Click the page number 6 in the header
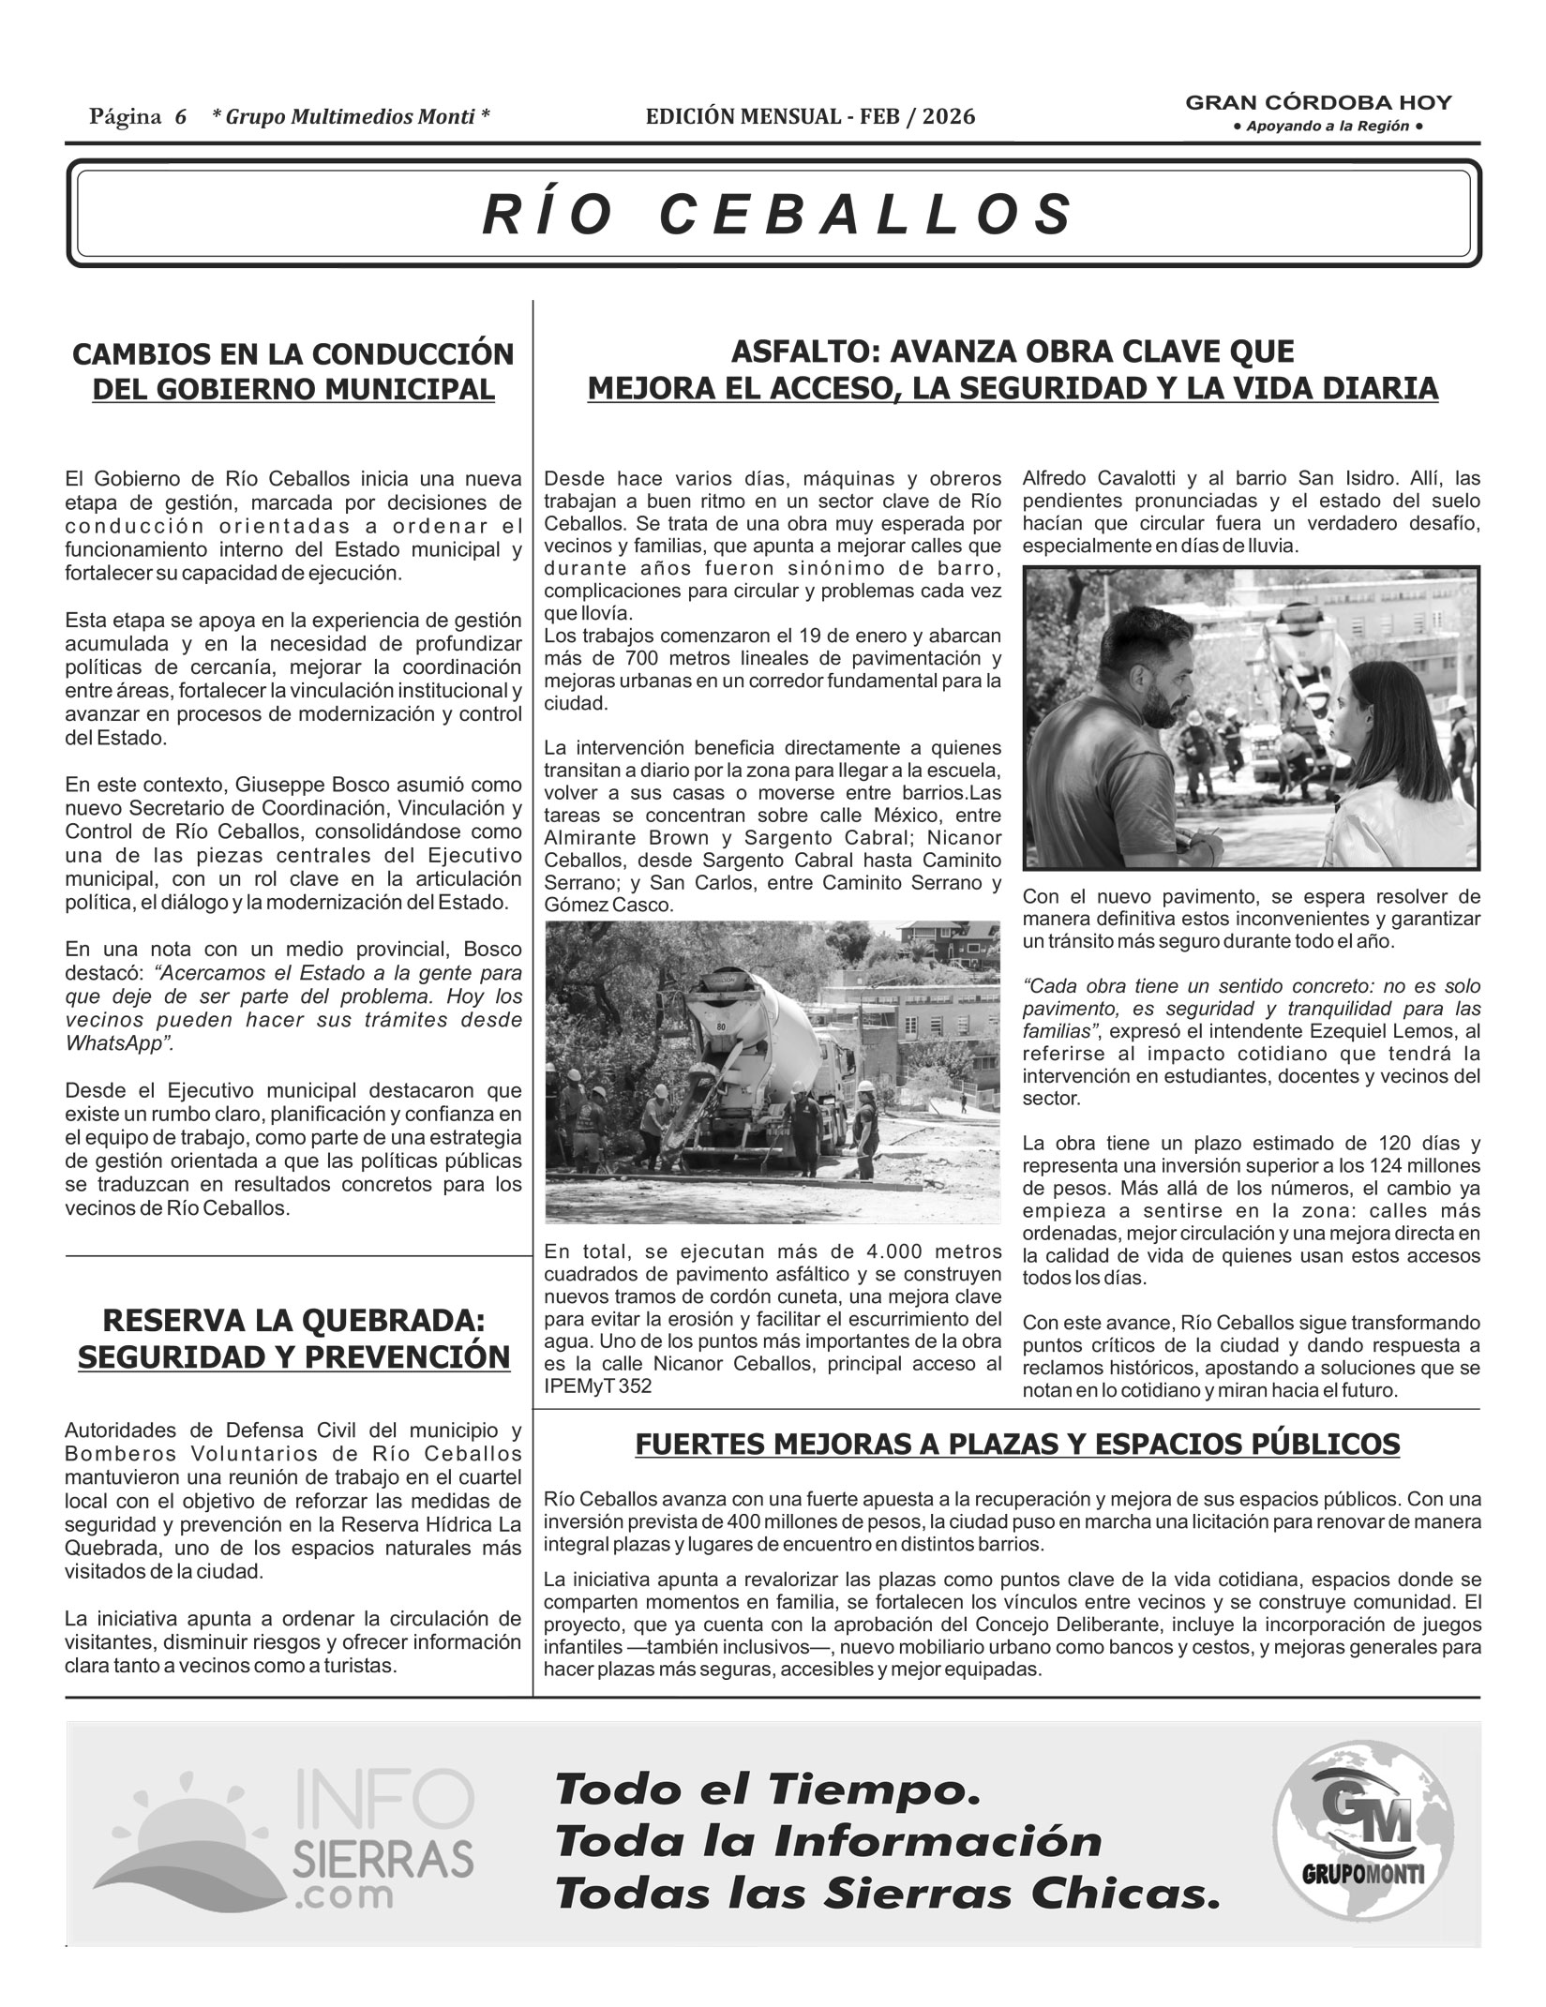coord(180,116)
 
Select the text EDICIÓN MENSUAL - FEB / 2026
coord(810,116)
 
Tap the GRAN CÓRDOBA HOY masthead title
coord(1318,103)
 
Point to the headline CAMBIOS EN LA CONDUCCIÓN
coord(293,354)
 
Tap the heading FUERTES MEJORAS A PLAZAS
coord(1017,1445)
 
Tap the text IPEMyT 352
coord(597,1386)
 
